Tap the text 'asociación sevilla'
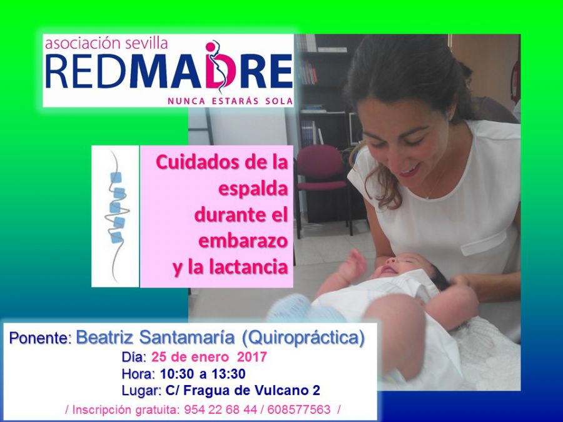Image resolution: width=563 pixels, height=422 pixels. (106, 43)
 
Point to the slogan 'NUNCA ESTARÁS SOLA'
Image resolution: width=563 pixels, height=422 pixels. (230, 101)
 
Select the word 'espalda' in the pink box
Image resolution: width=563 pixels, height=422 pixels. (253, 189)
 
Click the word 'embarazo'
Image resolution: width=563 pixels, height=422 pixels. (243, 241)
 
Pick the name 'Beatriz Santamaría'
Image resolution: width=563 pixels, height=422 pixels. (155, 338)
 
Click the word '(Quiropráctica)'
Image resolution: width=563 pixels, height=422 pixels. (303, 338)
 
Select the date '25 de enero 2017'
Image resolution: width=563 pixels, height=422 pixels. (209, 357)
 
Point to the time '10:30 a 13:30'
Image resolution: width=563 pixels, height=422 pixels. (203, 374)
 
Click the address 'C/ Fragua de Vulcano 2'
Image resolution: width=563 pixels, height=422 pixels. (243, 390)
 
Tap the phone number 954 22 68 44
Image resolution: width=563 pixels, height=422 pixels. (220, 409)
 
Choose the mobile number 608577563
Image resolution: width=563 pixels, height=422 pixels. (299, 409)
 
